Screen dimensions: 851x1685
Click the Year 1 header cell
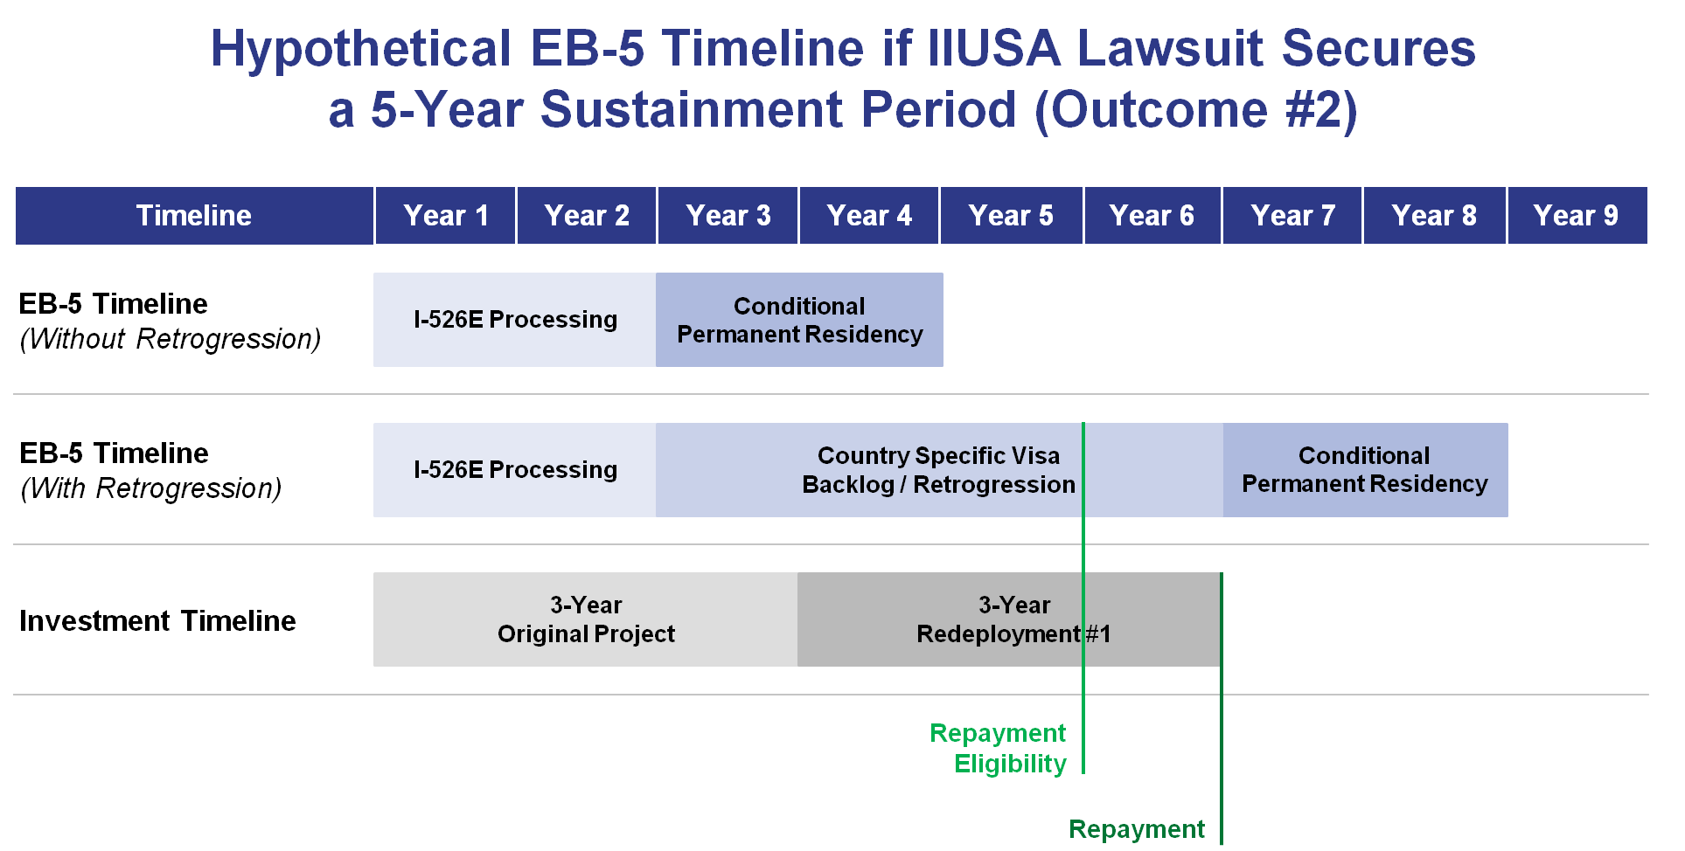[x=445, y=215]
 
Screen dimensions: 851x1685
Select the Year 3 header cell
[x=728, y=215]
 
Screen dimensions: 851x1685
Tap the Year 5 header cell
[x=1011, y=215]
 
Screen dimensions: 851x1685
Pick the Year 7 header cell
[x=1292, y=215]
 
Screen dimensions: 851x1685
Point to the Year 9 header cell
[x=1577, y=215]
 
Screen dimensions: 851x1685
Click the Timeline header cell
[x=194, y=215]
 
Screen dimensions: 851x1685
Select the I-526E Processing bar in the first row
[x=515, y=320]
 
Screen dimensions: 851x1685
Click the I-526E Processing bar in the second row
[x=515, y=470]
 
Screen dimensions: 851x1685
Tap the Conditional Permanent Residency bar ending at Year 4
[x=799, y=320]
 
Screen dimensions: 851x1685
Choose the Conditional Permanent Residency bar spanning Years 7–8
[x=1365, y=470]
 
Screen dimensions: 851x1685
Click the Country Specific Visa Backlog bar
[x=938, y=470]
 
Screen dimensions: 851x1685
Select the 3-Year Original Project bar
[x=586, y=619]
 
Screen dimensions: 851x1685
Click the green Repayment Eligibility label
[x=999, y=748]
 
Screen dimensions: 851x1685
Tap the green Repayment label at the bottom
[x=1137, y=828]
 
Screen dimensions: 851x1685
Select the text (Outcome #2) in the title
[x=1195, y=110]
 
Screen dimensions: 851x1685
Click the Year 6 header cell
[x=1152, y=215]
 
